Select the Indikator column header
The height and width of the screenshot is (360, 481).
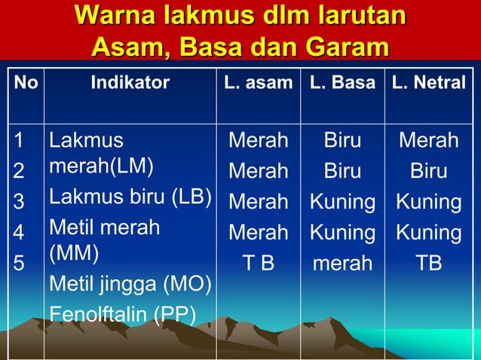click(130, 83)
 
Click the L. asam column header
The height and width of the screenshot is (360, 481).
click(258, 83)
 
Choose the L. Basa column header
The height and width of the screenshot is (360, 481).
click(342, 83)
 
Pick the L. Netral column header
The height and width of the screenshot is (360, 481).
click(428, 83)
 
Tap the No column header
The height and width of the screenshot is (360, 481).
click(26, 83)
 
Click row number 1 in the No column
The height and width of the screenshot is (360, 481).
click(20, 141)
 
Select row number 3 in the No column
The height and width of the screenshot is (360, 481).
click(20, 202)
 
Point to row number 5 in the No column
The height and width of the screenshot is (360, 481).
click(20, 264)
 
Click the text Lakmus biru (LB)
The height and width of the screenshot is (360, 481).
click(130, 197)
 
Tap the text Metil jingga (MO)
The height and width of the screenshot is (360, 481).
click(130, 284)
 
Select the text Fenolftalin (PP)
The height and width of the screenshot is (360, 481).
click(123, 313)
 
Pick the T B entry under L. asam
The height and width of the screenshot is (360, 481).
click(258, 264)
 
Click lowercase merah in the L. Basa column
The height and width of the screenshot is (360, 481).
click(342, 264)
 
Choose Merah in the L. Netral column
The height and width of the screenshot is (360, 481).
click(428, 141)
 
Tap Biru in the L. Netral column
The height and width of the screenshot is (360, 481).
click(428, 172)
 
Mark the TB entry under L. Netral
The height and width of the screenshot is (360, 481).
click(428, 264)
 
